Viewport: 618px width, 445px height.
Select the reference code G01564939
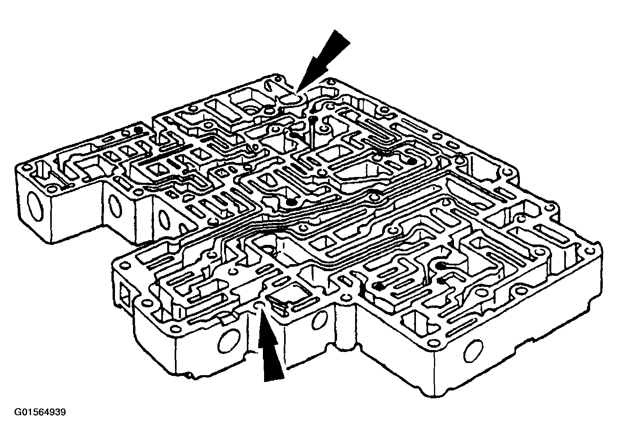40,412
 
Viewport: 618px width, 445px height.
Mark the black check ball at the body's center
291,202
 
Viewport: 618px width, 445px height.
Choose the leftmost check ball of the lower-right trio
379,286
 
